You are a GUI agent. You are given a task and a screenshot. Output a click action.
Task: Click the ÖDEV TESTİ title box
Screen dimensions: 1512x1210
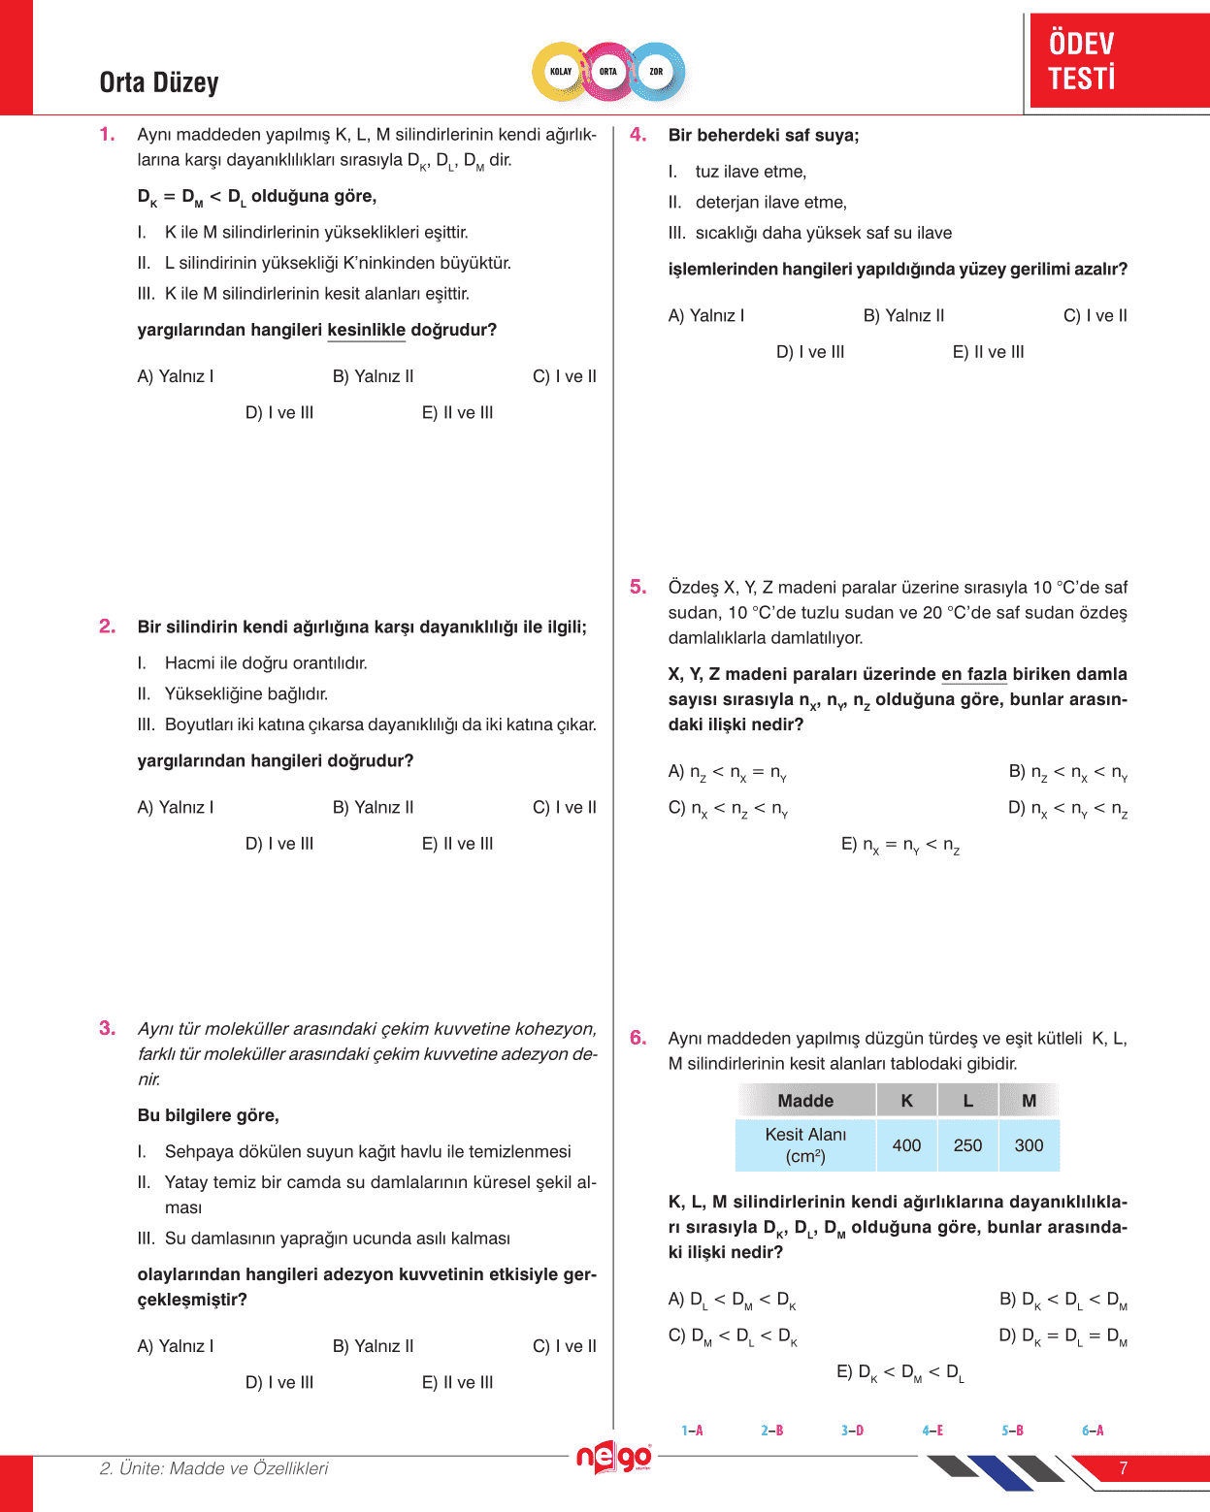click(x=1118, y=60)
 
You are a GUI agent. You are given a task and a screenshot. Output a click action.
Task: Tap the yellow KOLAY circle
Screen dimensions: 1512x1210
click(x=561, y=72)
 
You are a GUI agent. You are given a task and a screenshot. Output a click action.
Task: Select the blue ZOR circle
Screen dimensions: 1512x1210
click(x=657, y=72)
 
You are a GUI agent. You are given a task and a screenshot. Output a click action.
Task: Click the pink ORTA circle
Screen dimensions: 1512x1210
click(x=608, y=72)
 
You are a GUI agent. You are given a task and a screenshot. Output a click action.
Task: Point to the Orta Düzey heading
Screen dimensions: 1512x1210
click(x=159, y=82)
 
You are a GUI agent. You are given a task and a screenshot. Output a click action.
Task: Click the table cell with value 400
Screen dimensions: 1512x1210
click(x=906, y=1145)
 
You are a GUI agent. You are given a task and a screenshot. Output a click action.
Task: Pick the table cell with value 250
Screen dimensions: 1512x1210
click(x=967, y=1145)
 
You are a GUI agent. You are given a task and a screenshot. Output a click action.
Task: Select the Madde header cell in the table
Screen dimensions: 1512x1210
click(x=805, y=1101)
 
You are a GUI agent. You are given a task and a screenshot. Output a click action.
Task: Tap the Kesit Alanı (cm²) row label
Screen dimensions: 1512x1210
click(x=805, y=1145)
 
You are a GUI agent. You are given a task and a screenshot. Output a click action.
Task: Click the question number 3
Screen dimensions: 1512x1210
click(x=107, y=1028)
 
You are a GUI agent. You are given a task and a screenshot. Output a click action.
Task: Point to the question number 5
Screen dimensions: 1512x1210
click(x=638, y=587)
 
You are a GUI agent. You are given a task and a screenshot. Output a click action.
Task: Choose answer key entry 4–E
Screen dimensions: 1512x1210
click(x=932, y=1431)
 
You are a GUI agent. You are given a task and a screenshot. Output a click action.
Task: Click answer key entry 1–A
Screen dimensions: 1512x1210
click(x=692, y=1431)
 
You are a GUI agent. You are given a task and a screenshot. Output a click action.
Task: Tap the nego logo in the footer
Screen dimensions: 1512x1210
click(x=613, y=1458)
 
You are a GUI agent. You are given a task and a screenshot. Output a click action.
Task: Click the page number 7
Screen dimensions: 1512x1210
click(x=1124, y=1468)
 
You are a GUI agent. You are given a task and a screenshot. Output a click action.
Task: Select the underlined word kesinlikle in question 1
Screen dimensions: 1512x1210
click(x=366, y=330)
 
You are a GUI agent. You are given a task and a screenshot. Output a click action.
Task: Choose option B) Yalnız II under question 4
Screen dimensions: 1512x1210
click(x=903, y=315)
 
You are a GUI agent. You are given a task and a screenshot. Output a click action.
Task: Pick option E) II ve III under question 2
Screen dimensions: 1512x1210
click(x=457, y=844)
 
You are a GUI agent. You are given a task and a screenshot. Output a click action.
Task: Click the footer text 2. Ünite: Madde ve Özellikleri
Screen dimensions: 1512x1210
click(x=213, y=1468)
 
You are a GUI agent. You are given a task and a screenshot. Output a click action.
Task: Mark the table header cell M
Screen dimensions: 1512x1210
click(x=1029, y=1101)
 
